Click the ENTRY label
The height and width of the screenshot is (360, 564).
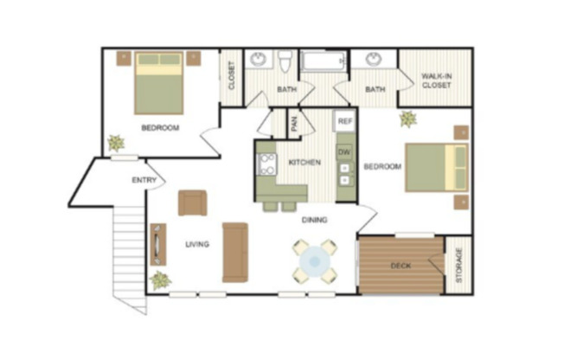143,180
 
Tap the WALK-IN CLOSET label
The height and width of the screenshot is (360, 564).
436,81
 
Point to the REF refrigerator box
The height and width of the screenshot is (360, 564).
344,122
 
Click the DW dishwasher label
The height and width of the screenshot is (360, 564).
344,152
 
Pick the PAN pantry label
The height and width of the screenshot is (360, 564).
294,124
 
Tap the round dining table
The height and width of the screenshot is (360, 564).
315,260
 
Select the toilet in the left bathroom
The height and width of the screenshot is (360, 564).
285,61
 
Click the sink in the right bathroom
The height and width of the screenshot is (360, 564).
374,61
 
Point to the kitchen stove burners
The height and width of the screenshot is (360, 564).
266,164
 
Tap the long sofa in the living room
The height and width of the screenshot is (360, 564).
234,252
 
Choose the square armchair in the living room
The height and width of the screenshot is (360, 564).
192,202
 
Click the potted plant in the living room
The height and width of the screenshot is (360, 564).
160,280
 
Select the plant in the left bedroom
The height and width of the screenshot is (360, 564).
115,143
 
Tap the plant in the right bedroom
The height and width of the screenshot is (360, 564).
407,119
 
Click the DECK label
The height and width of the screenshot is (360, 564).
401,266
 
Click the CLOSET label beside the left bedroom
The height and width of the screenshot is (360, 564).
231,76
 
